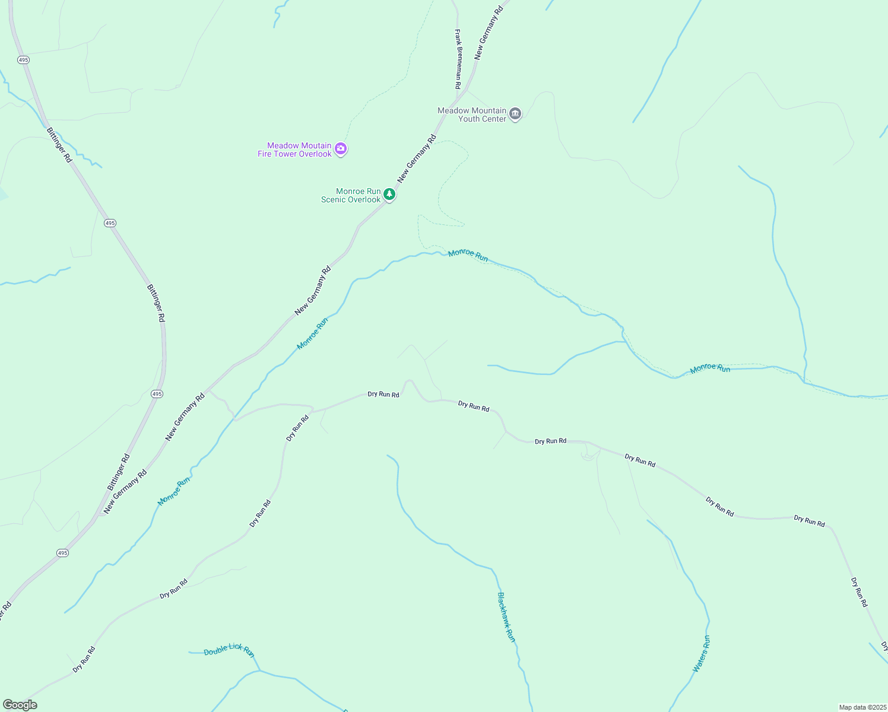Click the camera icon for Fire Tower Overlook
click(341, 148)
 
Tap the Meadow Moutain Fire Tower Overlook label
click(294, 150)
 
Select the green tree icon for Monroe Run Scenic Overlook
click(389, 194)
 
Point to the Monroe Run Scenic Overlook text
click(351, 195)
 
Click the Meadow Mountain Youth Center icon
click(515, 114)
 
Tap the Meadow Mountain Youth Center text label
click(472, 115)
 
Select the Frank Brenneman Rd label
click(458, 59)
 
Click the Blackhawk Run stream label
click(506, 617)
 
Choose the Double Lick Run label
click(229, 650)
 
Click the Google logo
click(20, 705)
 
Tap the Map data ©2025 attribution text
click(862, 707)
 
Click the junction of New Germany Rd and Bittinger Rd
click(98, 515)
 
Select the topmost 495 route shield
click(23, 60)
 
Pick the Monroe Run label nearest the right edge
click(710, 368)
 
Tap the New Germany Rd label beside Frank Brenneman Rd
click(488, 33)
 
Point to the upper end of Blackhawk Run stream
click(388, 456)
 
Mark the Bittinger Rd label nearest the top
click(59, 145)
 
